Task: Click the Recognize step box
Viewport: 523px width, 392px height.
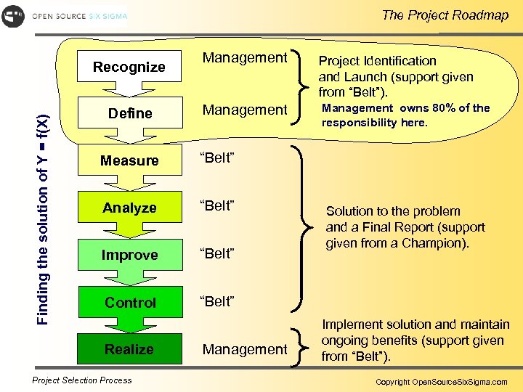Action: tap(129, 67)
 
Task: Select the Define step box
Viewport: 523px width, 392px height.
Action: tap(129, 113)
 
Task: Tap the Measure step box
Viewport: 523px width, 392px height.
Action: tap(129, 160)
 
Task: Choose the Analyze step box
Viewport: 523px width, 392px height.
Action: tap(129, 208)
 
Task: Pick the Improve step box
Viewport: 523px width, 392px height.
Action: tap(129, 255)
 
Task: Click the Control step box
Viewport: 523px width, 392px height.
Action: tap(129, 302)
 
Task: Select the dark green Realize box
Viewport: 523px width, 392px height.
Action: tap(129, 349)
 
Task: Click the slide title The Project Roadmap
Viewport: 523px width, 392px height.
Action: tap(445, 15)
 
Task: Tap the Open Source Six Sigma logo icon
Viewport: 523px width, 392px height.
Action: tap(13, 16)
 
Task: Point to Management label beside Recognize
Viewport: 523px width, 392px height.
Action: tap(245, 57)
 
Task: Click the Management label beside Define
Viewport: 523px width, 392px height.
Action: tap(245, 110)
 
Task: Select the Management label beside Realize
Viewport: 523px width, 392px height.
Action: tap(245, 349)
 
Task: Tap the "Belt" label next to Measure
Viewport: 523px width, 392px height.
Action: tap(217, 159)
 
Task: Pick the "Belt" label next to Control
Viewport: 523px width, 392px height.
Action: tap(217, 301)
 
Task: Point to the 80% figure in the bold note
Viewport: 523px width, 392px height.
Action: tap(440, 108)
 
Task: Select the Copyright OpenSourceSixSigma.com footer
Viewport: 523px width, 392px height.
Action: tap(441, 382)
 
